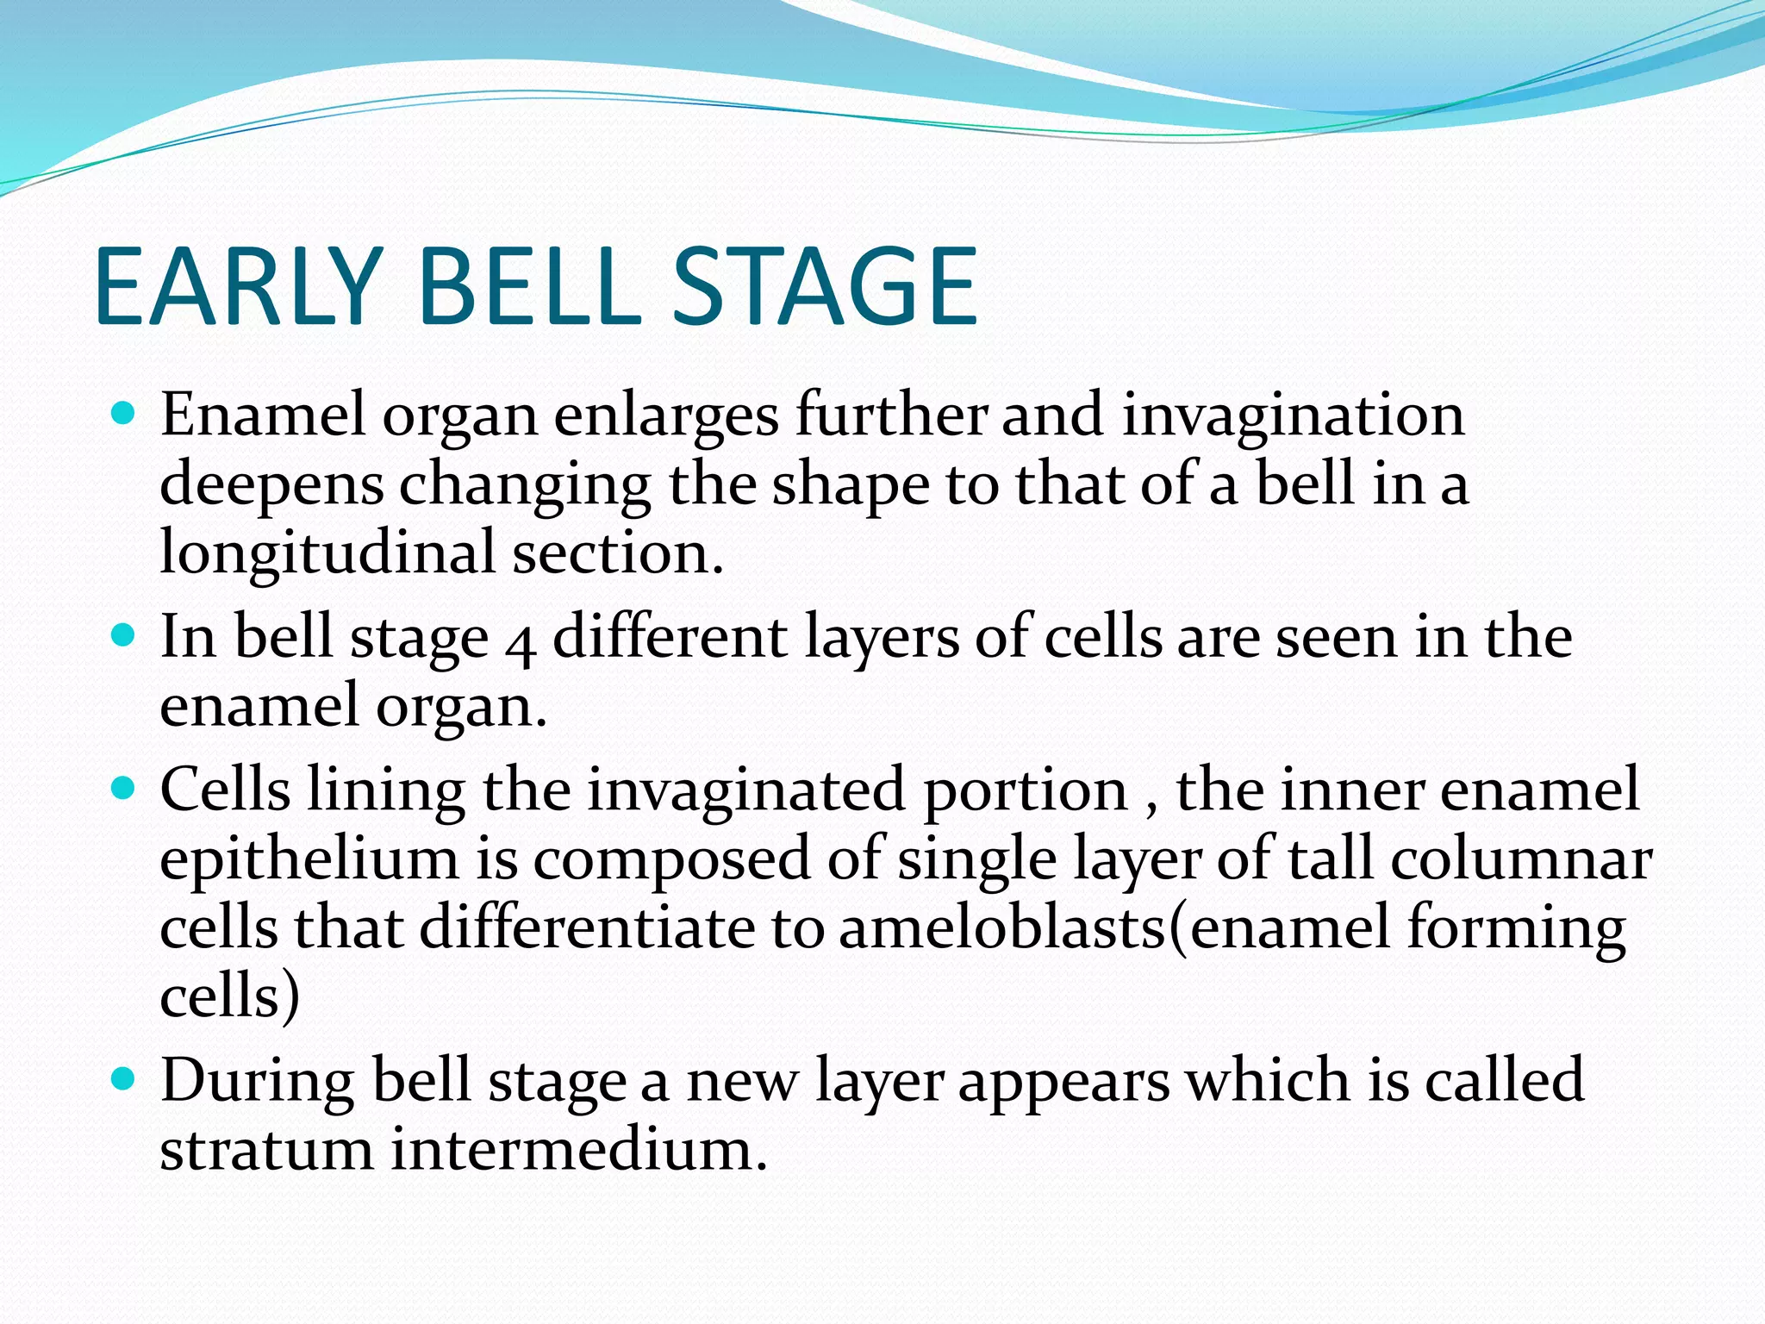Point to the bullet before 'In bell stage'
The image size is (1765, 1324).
[124, 636]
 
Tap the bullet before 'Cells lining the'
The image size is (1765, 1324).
[124, 788]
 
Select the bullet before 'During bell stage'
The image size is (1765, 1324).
[124, 1078]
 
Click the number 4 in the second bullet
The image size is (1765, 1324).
[521, 642]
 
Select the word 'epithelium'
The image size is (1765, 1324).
[309, 860]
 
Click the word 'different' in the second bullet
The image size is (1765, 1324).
[670, 638]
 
